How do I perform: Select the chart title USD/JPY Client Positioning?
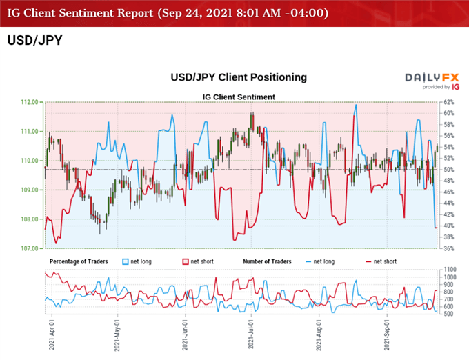coord(239,77)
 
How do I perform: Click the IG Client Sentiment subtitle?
coord(239,97)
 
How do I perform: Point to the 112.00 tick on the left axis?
coord(30,102)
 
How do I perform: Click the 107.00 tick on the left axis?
coord(30,248)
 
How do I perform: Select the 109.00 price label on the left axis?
coord(30,190)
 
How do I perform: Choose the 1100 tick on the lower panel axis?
coord(448,269)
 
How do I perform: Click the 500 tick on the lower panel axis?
coord(447,314)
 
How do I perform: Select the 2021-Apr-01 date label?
coord(52,334)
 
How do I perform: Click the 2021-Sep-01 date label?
coord(388,334)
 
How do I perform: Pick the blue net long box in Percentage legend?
coord(125,262)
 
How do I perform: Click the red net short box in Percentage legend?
coord(185,262)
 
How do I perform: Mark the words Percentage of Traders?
coord(82,262)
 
